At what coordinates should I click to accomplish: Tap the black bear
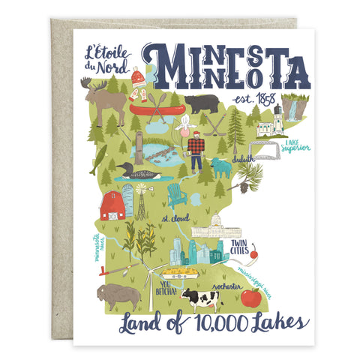[x=201, y=103]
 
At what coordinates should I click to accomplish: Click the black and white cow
[x=199, y=299]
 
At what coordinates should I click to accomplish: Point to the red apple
[x=250, y=298]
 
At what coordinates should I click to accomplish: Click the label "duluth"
[x=244, y=160]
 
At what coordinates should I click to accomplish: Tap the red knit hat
[x=138, y=77]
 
